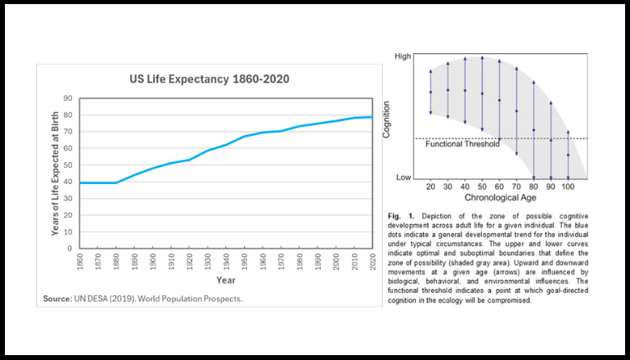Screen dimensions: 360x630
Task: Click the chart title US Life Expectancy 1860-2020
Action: pyautogui.click(x=209, y=79)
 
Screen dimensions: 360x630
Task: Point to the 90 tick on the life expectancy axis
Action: pyautogui.click(x=68, y=98)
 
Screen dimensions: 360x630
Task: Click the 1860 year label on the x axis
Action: pyautogui.click(x=79, y=261)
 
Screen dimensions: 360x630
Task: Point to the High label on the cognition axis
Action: pyautogui.click(x=403, y=56)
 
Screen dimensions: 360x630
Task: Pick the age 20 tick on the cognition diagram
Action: pyautogui.click(x=431, y=187)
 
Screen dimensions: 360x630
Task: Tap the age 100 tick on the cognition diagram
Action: pyautogui.click(x=569, y=187)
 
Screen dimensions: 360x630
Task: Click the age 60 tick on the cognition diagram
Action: pyautogui.click(x=500, y=187)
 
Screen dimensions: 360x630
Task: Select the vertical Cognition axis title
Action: pyautogui.click(x=387, y=118)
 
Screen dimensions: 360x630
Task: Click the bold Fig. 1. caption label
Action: pyautogui.click(x=402, y=215)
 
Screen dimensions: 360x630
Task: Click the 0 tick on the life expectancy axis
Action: pyautogui.click(x=70, y=248)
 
